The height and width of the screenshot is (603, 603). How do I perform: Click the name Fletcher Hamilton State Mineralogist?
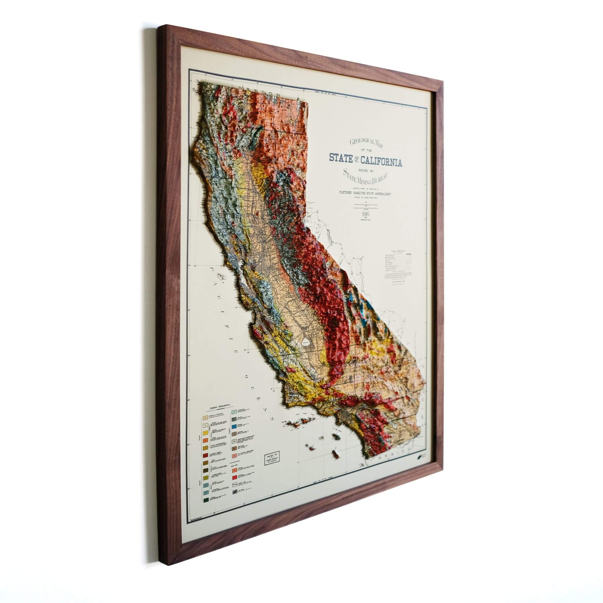pyautogui.click(x=365, y=193)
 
